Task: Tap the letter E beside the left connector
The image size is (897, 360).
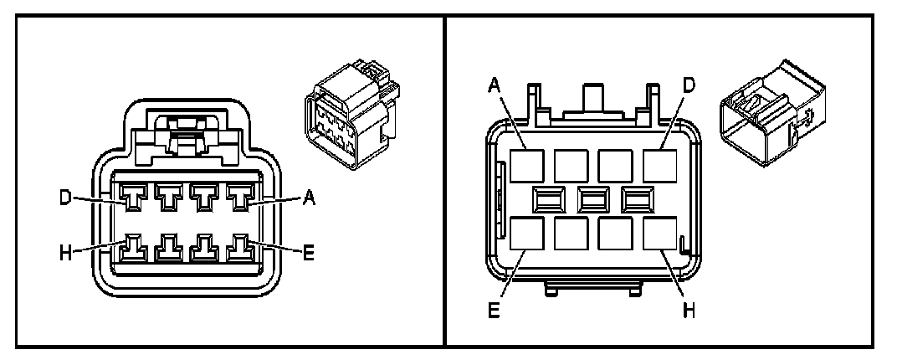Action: (308, 251)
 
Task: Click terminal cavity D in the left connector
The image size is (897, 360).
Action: (134, 198)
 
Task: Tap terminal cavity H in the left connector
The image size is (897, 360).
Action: (134, 249)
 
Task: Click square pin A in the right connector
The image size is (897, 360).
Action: (525, 164)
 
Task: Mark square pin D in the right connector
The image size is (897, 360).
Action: (659, 164)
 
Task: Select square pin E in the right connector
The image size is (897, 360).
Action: (525, 234)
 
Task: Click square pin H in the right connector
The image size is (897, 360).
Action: (659, 234)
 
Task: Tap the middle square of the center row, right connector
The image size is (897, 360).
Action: (592, 198)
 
